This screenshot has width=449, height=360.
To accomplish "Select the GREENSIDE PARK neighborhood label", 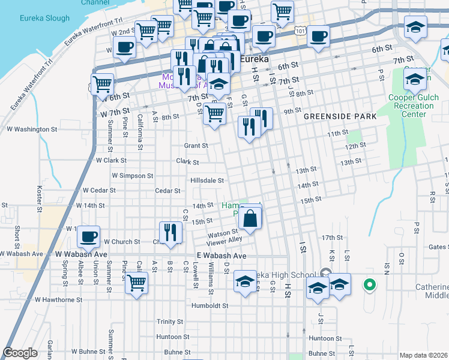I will click(x=339, y=116).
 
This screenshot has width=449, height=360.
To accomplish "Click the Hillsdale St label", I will click(x=206, y=180).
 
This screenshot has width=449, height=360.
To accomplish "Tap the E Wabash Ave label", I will click(x=221, y=256).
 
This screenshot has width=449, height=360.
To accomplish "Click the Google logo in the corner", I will click(x=20, y=353).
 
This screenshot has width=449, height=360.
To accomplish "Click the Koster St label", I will click(x=40, y=200).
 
